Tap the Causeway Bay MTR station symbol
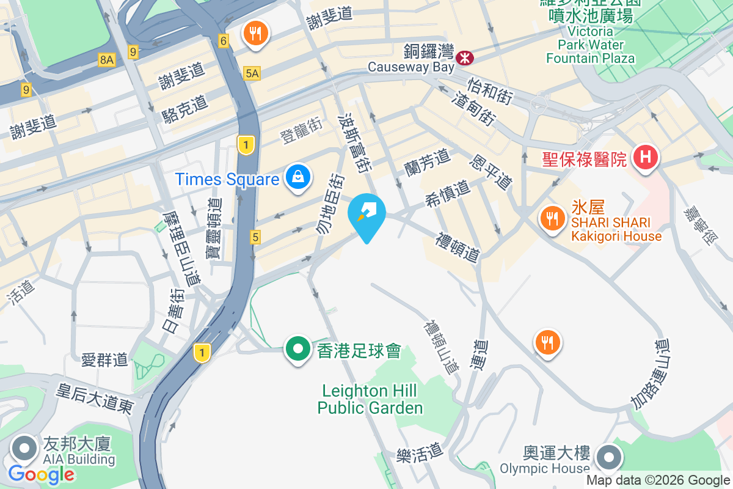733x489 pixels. tap(465, 57)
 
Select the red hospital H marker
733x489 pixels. tap(646, 158)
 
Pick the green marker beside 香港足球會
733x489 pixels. tap(298, 350)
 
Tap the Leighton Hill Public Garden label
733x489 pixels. tap(370, 399)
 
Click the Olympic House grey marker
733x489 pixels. tap(608, 457)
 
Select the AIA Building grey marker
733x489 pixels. tap(24, 449)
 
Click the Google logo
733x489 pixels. tap(42, 474)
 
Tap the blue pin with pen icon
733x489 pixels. tap(366, 214)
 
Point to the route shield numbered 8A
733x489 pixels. tap(106, 59)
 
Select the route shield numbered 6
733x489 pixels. tap(224, 41)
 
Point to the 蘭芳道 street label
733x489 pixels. tap(427, 163)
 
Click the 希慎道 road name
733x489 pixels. tap(448, 194)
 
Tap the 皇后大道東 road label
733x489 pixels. tap(95, 399)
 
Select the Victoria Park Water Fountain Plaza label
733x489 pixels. tap(590, 45)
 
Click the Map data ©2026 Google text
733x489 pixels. tap(658, 480)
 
